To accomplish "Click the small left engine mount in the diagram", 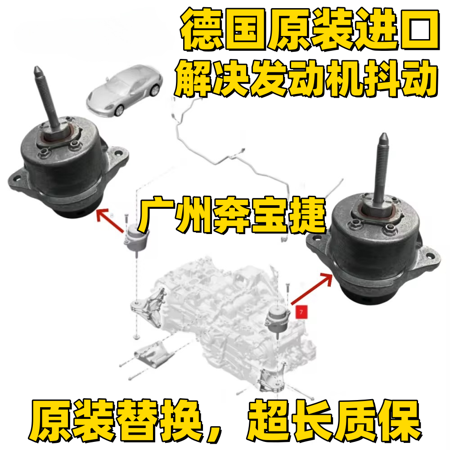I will point(135,239).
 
